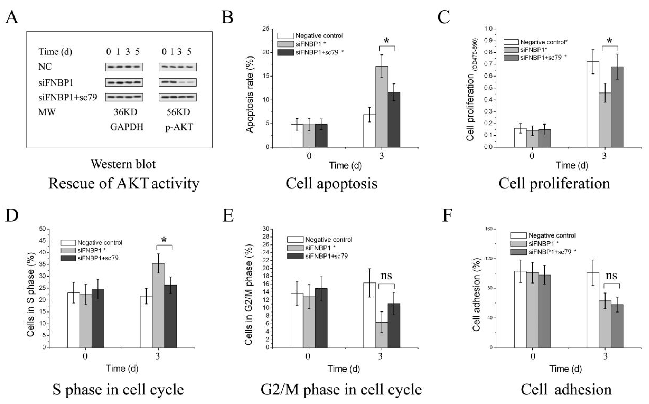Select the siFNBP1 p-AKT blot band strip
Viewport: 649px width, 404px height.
tap(178, 82)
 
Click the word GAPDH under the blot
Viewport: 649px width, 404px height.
tap(127, 127)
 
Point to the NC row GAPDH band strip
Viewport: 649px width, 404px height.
tap(124, 67)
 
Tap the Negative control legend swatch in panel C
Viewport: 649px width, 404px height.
tap(511, 42)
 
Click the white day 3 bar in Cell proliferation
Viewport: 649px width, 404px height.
tap(593, 104)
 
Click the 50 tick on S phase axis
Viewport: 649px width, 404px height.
tap(42, 229)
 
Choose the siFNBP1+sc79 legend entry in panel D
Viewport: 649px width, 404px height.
tap(98, 258)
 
